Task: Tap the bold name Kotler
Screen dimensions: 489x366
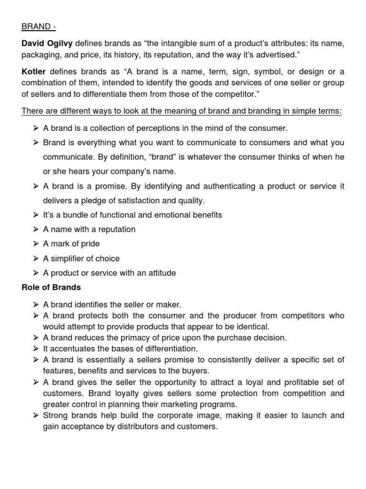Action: (x=33, y=72)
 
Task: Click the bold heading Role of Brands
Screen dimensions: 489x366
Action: (x=51, y=287)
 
